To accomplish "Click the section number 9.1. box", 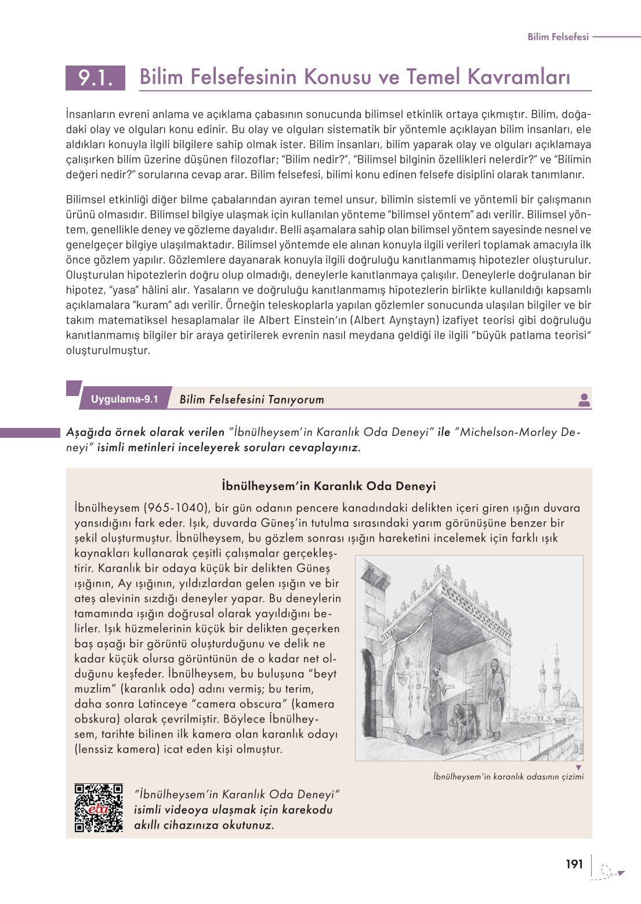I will coord(95,78).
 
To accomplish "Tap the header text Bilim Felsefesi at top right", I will coord(557,37).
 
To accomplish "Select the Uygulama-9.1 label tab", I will coord(124,399).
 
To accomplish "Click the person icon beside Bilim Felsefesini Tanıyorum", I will coord(584,400).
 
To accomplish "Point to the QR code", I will coord(99,808).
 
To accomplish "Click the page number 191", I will coord(574,865).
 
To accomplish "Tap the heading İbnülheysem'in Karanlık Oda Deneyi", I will coord(328,486).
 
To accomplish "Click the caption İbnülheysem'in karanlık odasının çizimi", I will coord(508,776).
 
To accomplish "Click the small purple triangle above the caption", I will coord(578,767).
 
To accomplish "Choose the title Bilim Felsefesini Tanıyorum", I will coord(252,400).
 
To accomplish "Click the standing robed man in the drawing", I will coord(494,696).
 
